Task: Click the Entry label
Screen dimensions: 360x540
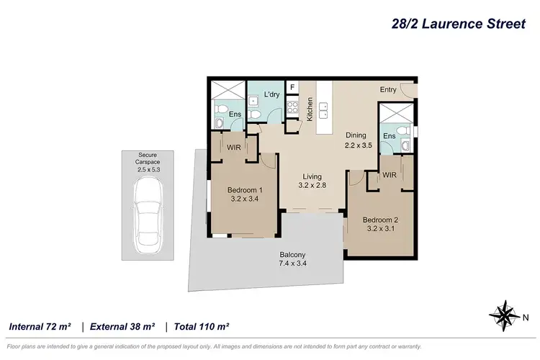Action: [x=389, y=89]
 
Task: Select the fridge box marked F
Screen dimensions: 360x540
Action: [x=292, y=88]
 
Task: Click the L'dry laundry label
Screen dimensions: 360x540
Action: [x=271, y=94]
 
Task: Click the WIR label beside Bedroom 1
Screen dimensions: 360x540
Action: [x=233, y=148]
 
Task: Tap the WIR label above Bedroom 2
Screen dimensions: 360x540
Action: [x=390, y=175]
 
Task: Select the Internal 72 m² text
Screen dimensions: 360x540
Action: [x=40, y=326]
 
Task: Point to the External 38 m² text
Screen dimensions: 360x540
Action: [x=122, y=326]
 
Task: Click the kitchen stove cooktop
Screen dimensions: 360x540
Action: [x=293, y=109]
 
